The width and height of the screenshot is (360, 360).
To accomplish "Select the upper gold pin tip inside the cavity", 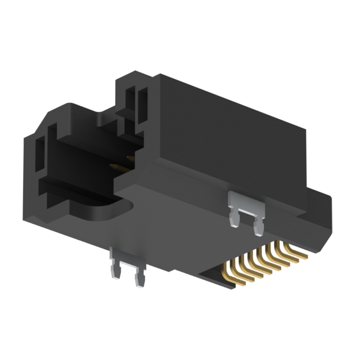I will (x=130, y=159).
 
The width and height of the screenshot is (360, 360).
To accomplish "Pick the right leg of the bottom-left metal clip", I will (x=137, y=277).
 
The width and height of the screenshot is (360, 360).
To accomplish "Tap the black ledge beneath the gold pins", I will (x=217, y=279).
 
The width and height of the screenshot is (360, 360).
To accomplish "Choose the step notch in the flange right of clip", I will (x=292, y=217).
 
